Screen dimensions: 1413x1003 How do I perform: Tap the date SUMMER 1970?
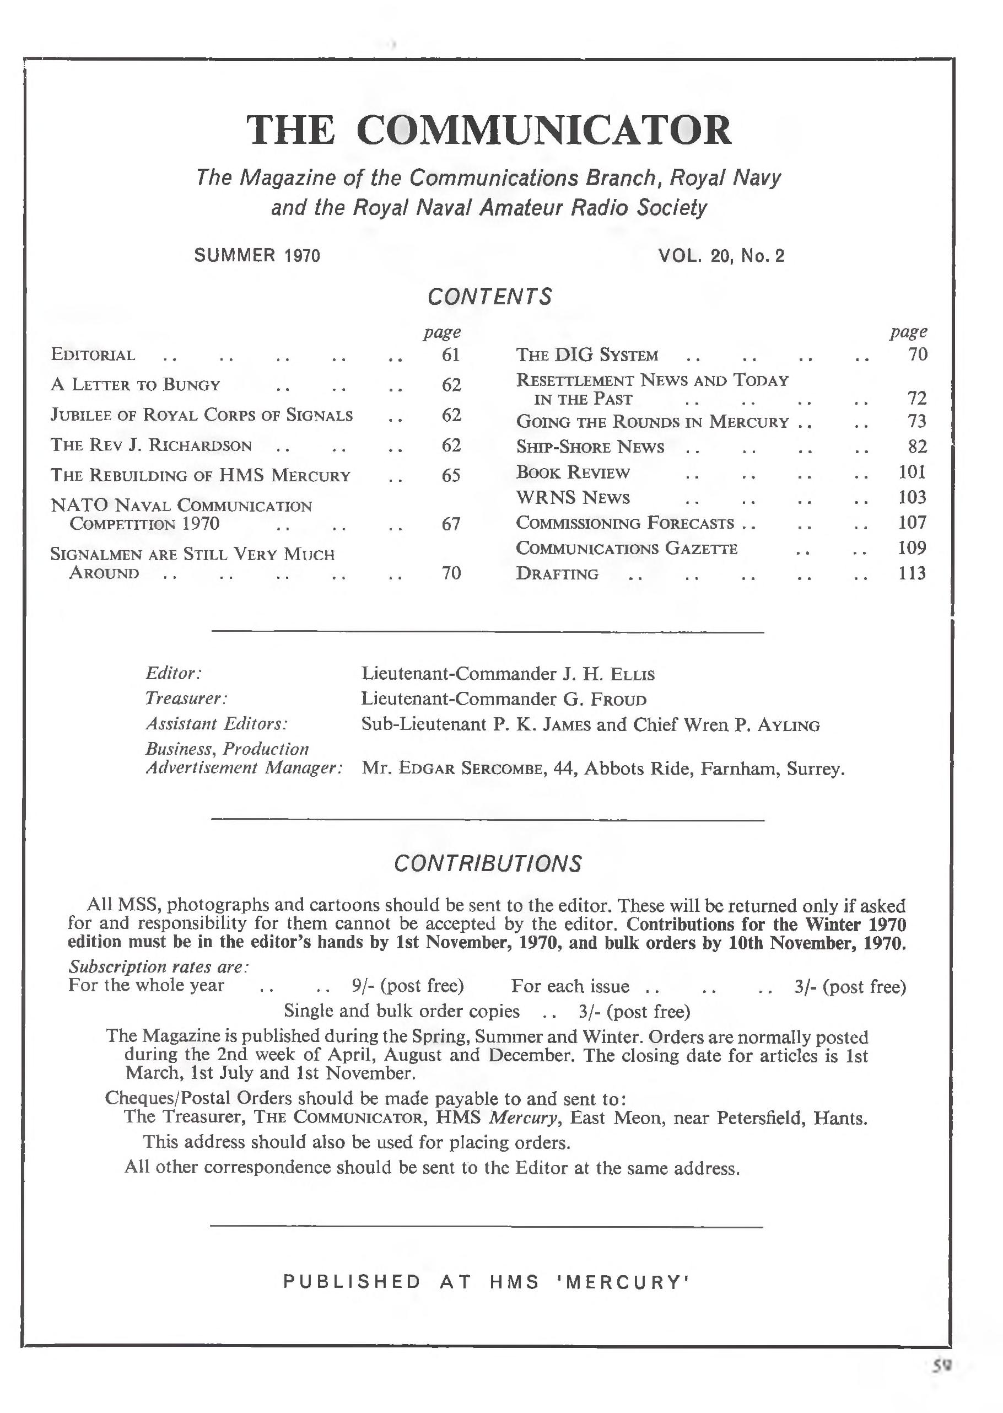(257, 255)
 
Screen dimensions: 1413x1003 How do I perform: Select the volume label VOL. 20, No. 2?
(721, 255)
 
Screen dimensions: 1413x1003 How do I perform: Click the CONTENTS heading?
(489, 297)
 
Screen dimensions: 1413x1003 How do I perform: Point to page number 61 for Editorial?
(451, 354)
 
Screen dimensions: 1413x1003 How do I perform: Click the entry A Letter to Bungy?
(135, 385)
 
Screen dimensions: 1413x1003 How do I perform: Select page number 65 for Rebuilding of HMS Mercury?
(451, 475)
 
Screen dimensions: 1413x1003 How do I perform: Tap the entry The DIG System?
(587, 355)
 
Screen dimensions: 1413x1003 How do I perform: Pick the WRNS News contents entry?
(573, 497)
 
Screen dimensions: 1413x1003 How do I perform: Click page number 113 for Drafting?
(912, 573)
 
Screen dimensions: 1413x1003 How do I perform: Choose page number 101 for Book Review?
(912, 472)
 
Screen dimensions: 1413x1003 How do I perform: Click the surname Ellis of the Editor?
(631, 674)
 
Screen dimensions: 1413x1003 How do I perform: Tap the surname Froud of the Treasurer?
(618, 700)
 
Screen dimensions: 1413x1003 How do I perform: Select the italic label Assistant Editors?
(217, 723)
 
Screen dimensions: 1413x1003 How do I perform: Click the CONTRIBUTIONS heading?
(488, 863)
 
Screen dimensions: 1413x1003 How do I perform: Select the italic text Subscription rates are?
(158, 966)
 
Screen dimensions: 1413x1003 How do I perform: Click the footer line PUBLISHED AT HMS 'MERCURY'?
(487, 1281)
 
